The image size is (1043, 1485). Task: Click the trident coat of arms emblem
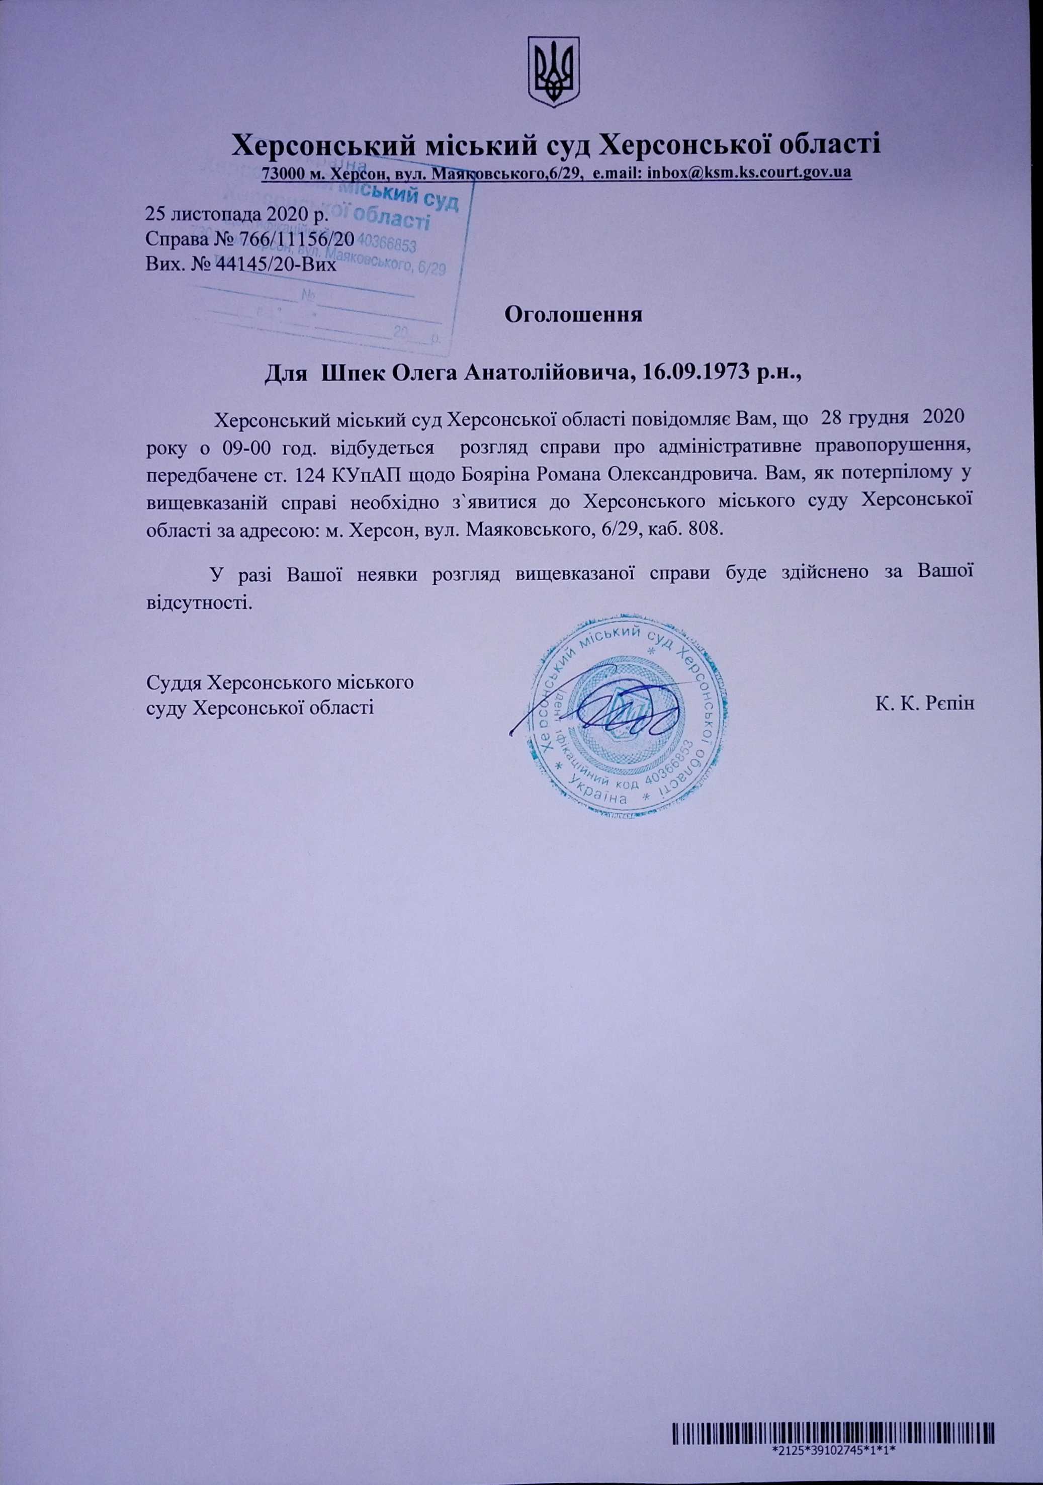(x=554, y=72)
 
